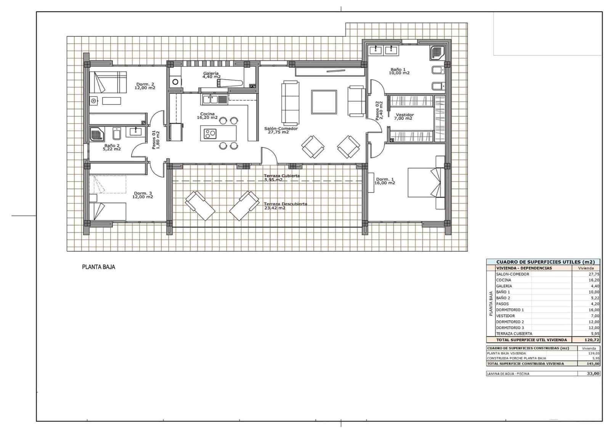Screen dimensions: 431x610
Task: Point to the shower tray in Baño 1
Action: [437, 53]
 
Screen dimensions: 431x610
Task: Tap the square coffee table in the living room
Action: [324, 102]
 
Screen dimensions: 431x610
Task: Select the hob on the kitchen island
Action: [210, 133]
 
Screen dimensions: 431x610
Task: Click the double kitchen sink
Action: [210, 100]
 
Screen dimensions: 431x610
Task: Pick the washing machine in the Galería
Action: [175, 81]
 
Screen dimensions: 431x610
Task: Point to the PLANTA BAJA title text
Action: [98, 267]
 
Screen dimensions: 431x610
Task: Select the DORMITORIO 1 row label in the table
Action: [510, 310]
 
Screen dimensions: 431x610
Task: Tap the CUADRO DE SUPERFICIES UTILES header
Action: [545, 262]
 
